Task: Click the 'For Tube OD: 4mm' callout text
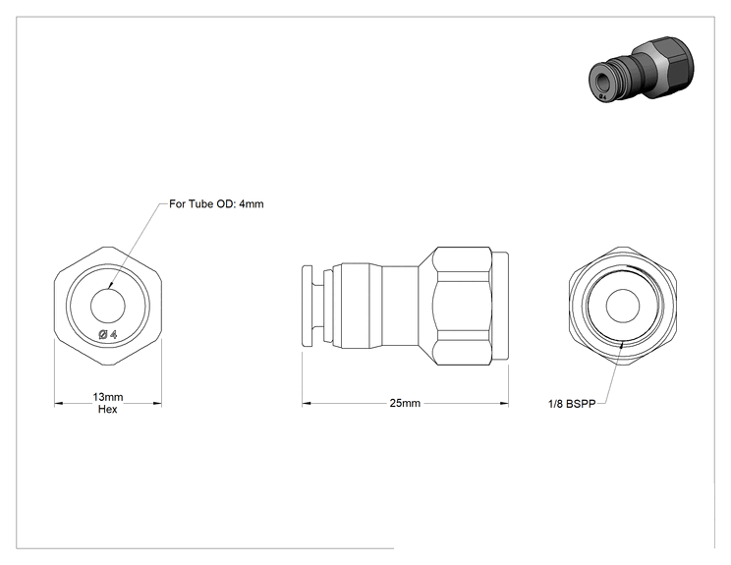(x=216, y=204)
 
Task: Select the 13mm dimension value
(x=108, y=397)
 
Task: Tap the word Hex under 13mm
(x=108, y=410)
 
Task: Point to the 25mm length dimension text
(x=405, y=403)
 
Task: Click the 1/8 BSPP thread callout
(x=572, y=404)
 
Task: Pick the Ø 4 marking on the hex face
(x=108, y=334)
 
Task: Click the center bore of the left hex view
(x=108, y=306)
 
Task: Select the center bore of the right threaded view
(x=623, y=306)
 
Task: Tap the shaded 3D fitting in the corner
(x=642, y=69)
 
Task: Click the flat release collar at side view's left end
(x=308, y=306)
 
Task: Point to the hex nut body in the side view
(x=455, y=306)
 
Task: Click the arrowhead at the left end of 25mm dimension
(x=303, y=403)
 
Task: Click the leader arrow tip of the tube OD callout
(x=109, y=288)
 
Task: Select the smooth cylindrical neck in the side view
(x=400, y=306)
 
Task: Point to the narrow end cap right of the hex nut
(x=500, y=306)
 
